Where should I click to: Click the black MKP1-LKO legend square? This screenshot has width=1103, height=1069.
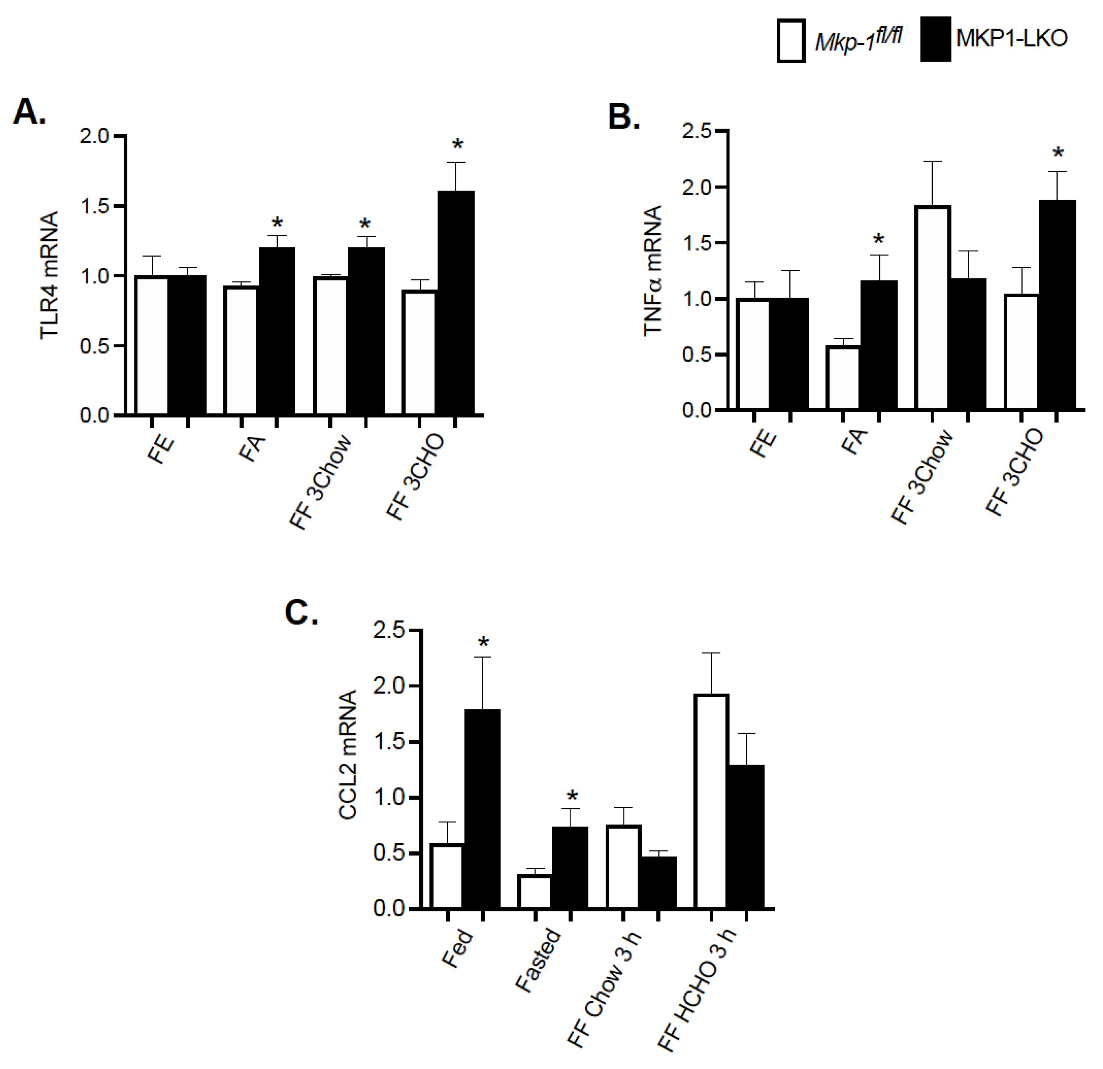coord(935,39)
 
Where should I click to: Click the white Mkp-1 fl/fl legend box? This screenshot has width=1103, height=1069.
coord(791,40)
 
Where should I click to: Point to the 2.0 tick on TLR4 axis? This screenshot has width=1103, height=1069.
coord(94,137)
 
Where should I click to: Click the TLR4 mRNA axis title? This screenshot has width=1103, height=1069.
coord(49,275)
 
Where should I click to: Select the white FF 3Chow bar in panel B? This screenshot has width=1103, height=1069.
coord(932,308)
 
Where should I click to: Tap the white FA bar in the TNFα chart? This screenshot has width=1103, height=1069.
coord(843,378)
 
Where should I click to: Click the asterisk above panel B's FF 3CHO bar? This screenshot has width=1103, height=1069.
coord(1058,153)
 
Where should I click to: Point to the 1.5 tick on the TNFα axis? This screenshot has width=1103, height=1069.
coord(696,243)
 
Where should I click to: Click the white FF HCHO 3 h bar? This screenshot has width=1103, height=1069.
coord(711,801)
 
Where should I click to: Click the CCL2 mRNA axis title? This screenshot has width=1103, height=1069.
coord(348,754)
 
